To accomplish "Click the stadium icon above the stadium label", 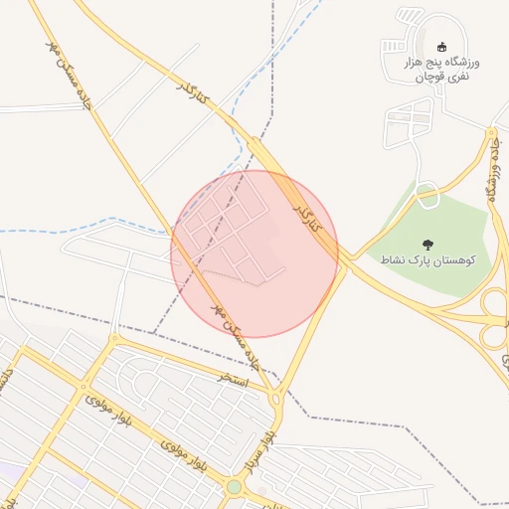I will coord(442,46).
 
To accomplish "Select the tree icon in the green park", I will coord(428,244).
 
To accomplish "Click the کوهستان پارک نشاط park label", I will coord(428,259).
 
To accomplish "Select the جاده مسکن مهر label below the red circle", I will coord(240,339).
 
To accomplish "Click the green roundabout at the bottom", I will coord(235,486).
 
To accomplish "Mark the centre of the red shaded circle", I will coord(254,254).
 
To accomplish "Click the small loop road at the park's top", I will coord(427,196).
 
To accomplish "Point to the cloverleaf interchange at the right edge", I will coord(495,310).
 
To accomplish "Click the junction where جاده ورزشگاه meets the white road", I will coord(491,129).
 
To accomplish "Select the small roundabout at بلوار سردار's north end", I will coord(277,397).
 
